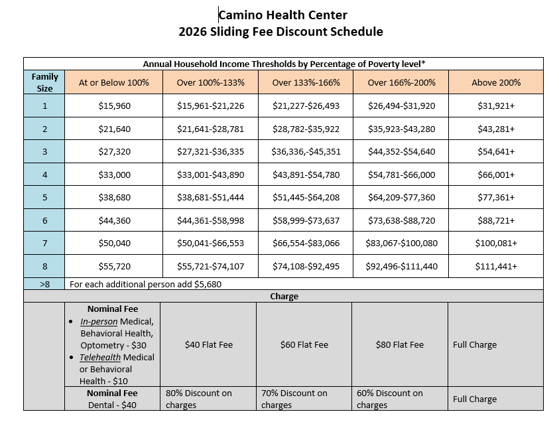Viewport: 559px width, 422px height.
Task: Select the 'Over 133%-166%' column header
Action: (306, 83)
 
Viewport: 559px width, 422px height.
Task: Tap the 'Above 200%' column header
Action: (496, 83)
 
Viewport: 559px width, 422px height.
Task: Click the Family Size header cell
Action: (45, 82)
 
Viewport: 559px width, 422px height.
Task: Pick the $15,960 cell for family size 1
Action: (113, 105)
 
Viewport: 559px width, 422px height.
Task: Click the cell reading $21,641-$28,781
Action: (210, 129)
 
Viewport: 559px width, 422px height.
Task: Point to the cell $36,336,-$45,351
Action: (306, 151)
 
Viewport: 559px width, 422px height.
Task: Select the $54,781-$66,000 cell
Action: (401, 175)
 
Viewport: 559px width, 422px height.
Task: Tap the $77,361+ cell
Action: (496, 197)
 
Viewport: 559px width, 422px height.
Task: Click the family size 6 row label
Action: (45, 220)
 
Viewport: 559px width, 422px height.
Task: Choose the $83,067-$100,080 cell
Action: (401, 243)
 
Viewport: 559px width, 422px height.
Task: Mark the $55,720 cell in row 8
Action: (113, 266)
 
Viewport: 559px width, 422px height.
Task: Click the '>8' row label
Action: (45, 283)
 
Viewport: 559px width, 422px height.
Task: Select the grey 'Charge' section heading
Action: (283, 296)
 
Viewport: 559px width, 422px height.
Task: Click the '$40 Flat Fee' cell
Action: (209, 344)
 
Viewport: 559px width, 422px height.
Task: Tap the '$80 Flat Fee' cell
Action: (400, 344)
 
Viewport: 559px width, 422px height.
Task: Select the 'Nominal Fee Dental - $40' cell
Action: (112, 399)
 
